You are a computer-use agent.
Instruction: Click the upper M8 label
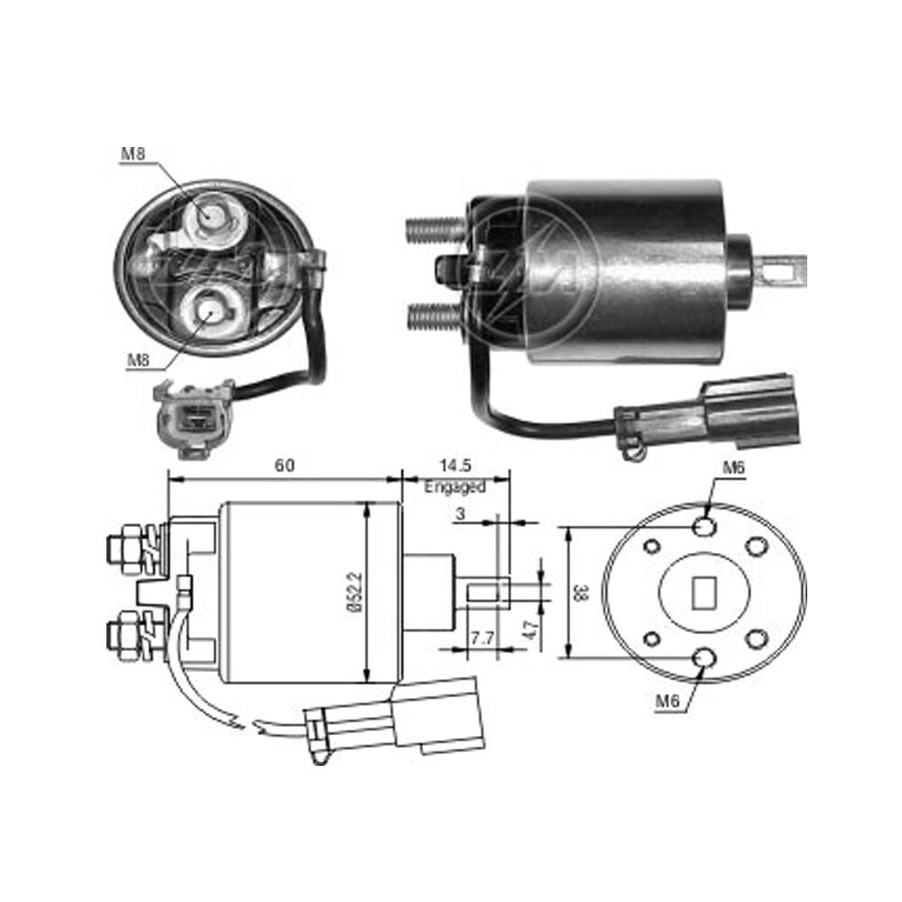[x=133, y=153]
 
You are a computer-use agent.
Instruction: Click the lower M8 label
[x=138, y=360]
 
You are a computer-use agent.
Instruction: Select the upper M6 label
[x=733, y=467]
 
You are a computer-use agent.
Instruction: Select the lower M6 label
[x=667, y=701]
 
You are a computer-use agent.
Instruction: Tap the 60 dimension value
[x=284, y=465]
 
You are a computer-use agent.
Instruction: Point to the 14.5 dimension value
[x=456, y=465]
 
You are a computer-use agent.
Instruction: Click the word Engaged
[x=455, y=487]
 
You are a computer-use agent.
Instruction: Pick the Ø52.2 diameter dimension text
[x=356, y=592]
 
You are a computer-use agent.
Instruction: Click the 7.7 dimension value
[x=482, y=639]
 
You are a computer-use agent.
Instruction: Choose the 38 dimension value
[x=581, y=593]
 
